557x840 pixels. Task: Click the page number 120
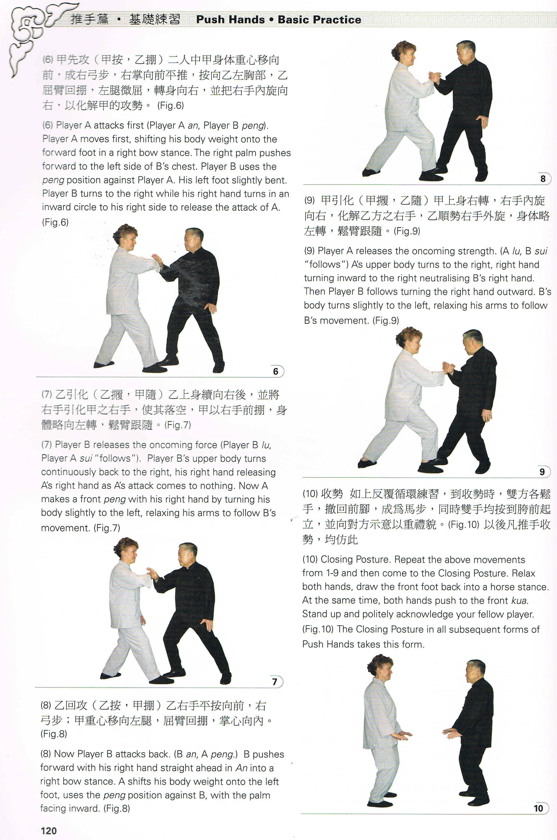pyautogui.click(x=49, y=831)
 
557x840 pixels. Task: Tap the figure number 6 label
pyautogui.click(x=276, y=371)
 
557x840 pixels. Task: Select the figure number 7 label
pyautogui.click(x=275, y=682)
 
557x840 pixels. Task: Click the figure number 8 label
pyautogui.click(x=543, y=179)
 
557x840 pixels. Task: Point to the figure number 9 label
pyautogui.click(x=542, y=472)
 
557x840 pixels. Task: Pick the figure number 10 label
pyautogui.click(x=538, y=808)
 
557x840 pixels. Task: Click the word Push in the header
pyautogui.click(x=212, y=20)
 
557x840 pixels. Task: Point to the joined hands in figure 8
pyautogui.click(x=435, y=77)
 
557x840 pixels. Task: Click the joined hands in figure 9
pyautogui.click(x=448, y=367)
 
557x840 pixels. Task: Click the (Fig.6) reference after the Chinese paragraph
pyautogui.click(x=171, y=105)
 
